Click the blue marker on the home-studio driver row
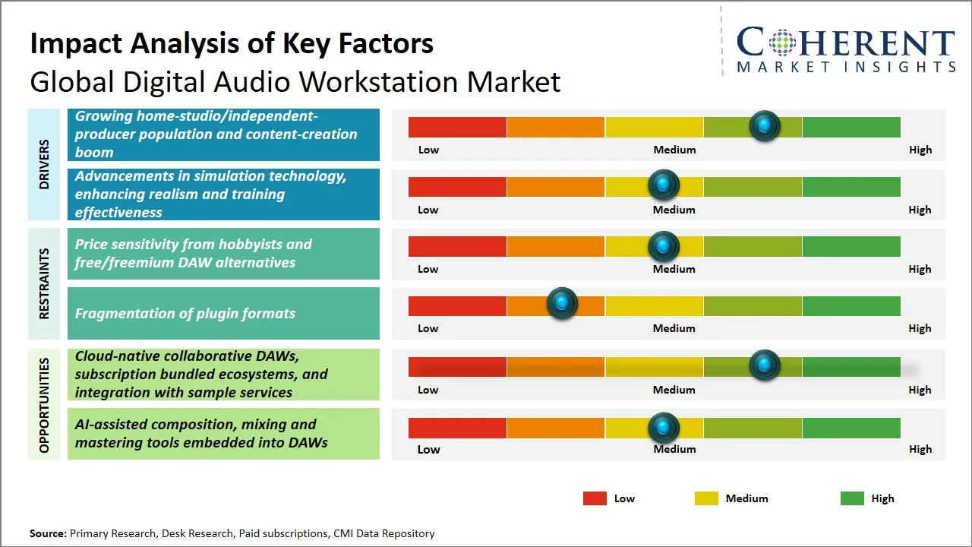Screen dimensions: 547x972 pos(764,126)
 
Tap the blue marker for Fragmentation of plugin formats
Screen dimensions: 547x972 pos(562,304)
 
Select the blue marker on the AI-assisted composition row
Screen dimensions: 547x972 pos(664,428)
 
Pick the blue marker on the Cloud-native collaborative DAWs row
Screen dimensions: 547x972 pos(764,365)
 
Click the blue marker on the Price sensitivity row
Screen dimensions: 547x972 pos(664,245)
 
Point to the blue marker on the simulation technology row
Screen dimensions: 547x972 pos(664,185)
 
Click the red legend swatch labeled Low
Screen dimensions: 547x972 pos(595,498)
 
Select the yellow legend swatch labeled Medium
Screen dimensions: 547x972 pos(706,498)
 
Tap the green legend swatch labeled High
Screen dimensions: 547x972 pos(852,498)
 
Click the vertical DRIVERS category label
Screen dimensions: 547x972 pos(44,164)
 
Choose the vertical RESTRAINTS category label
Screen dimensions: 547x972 pos(44,283)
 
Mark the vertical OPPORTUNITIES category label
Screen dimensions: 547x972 pos(44,405)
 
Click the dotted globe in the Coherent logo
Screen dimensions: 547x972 pos(781,43)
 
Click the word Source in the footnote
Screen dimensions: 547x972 pos(48,533)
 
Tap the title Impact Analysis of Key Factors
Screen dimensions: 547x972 pos(232,43)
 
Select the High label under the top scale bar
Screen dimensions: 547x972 pos(920,150)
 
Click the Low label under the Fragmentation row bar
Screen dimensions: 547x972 pos(428,328)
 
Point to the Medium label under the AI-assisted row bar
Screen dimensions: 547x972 pos(674,449)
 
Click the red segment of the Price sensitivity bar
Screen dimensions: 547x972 pos(457,246)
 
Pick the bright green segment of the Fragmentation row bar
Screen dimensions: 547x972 pos(850,305)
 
